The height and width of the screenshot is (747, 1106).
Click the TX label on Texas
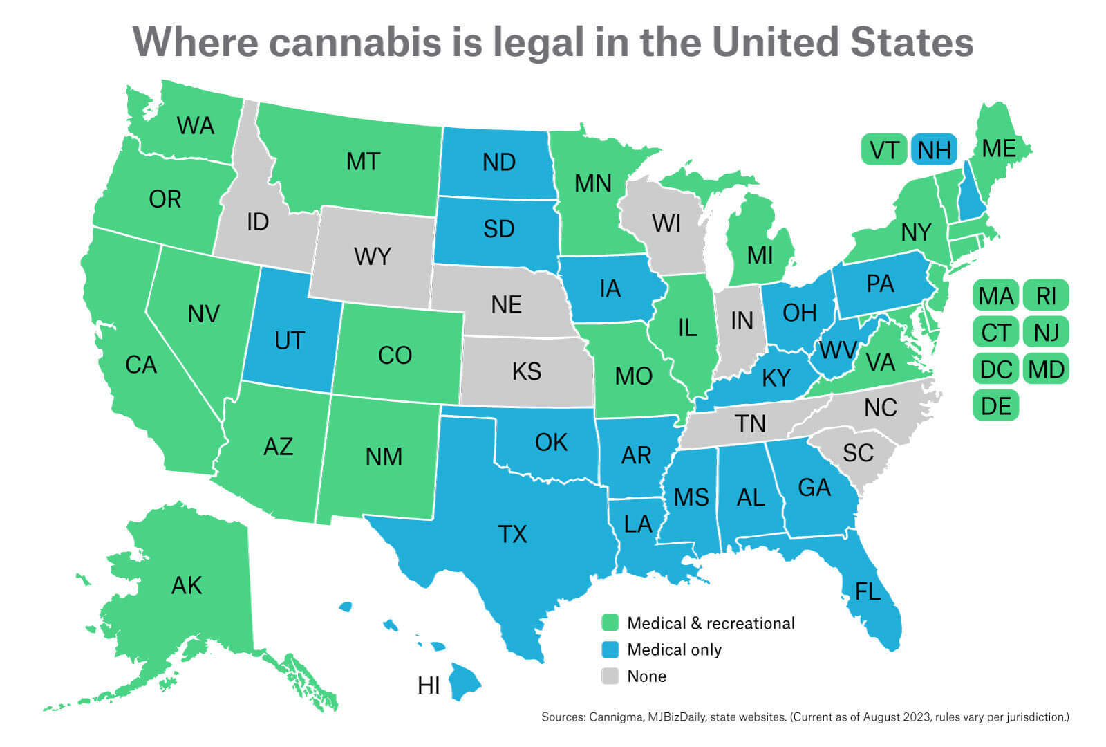click(512, 534)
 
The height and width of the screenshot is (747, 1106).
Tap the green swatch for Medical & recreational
click(610, 622)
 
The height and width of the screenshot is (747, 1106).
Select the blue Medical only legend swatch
click(610, 649)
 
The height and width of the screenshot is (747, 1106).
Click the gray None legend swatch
click(610, 676)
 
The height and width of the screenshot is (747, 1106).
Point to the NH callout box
click(935, 150)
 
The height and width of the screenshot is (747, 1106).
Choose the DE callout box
click(995, 406)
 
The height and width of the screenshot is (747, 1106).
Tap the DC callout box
click(995, 369)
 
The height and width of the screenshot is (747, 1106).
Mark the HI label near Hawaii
click(429, 685)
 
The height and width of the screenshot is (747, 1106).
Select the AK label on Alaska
click(186, 586)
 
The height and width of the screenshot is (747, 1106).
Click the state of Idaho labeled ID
click(257, 222)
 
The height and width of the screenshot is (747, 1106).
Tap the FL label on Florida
click(868, 591)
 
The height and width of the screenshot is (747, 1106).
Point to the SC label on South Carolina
click(858, 453)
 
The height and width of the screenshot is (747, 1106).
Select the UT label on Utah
click(289, 340)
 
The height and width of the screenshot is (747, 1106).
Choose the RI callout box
click(1046, 296)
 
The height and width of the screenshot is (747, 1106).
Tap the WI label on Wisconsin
click(666, 223)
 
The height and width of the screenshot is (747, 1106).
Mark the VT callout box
click(884, 150)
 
